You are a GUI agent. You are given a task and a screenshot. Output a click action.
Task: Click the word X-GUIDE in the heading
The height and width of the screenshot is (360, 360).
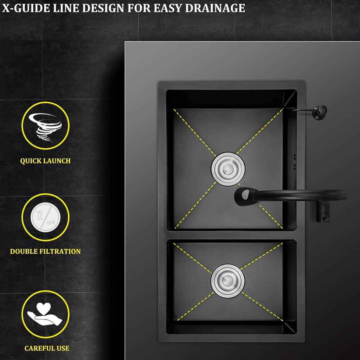tap(26, 8)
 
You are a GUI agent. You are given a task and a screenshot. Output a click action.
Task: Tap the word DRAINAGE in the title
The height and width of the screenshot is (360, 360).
tap(215, 8)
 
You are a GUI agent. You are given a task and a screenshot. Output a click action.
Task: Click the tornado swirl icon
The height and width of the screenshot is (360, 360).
tap(45, 126)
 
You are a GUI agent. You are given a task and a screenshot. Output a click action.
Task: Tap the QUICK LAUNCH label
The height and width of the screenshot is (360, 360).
tap(45, 161)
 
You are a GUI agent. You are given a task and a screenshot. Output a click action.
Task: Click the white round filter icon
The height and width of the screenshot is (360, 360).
tap(45, 217)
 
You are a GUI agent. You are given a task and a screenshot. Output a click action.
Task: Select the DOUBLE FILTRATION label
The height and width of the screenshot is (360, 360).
tap(45, 251)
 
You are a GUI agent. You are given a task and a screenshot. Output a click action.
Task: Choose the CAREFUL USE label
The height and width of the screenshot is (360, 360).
tap(47, 348)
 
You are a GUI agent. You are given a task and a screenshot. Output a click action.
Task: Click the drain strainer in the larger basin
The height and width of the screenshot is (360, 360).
tap(228, 169)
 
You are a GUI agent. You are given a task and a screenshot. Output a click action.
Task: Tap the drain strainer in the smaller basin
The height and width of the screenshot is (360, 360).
tap(228, 281)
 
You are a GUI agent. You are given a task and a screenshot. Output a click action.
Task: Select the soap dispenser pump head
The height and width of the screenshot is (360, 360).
tap(321, 112)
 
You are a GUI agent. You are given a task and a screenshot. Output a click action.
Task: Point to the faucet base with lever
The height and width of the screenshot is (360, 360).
tap(323, 213)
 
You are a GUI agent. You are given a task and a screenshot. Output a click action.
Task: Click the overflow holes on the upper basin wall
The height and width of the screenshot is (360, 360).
tap(295, 162)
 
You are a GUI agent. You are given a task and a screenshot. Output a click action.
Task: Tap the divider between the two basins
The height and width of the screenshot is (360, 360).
tap(231, 235)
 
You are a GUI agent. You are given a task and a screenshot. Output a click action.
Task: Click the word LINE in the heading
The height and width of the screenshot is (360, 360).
tap(66, 8)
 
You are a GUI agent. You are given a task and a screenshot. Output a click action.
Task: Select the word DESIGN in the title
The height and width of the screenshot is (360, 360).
tap(103, 8)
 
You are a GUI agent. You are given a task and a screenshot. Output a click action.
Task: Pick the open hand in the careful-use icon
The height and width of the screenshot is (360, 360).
tap(45, 318)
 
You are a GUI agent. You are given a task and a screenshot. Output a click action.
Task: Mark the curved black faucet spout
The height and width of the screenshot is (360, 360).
tap(298, 194)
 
